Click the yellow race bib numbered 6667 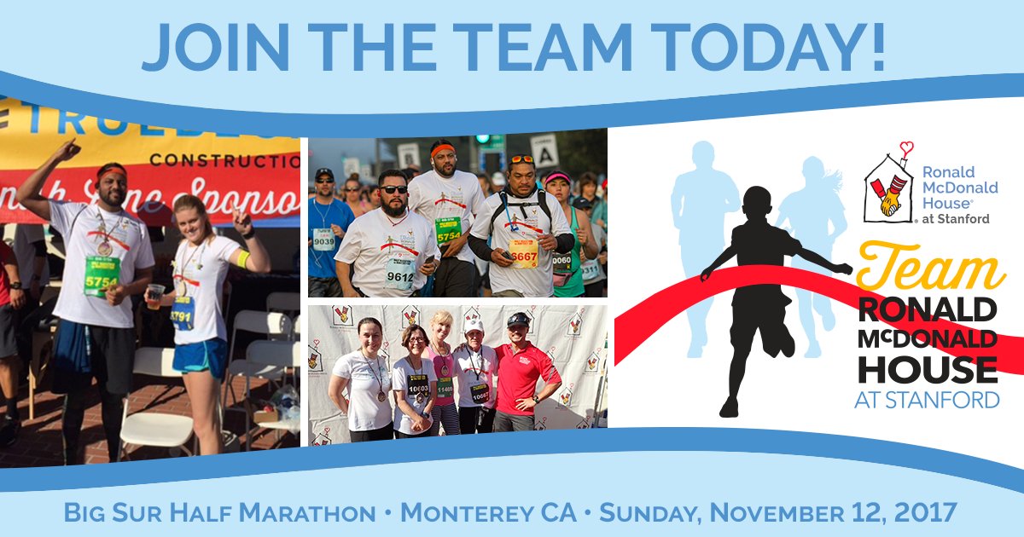523,252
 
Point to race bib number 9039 323,240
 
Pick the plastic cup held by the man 154,296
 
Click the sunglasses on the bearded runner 393,189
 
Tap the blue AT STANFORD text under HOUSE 927,399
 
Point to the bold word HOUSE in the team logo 927,368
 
